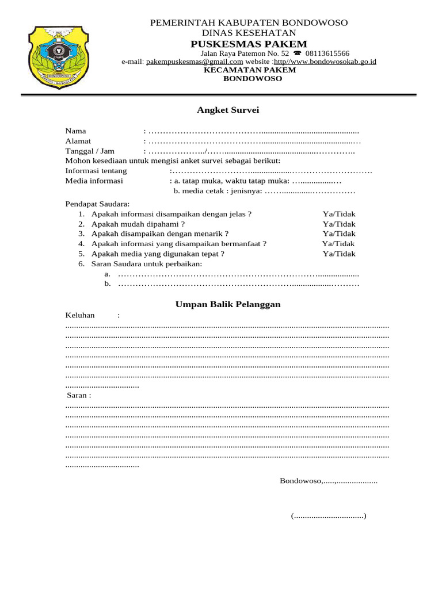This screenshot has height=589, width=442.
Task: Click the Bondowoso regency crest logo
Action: click(55, 56)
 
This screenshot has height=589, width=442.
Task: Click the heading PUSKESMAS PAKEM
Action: click(249, 44)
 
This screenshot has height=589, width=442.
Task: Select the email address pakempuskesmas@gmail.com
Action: click(195, 61)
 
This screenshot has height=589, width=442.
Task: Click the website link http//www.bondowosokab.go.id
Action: click(325, 61)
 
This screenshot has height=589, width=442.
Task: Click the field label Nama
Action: click(75, 131)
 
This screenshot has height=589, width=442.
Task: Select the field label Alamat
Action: click(78, 141)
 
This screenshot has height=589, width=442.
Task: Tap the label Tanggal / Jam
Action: click(90, 151)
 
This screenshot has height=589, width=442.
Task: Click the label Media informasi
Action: click(94, 181)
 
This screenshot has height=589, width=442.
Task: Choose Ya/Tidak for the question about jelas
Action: click(339, 214)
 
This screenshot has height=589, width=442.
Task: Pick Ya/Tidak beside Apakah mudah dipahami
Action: click(339, 224)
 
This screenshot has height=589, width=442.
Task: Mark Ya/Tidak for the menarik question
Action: click(339, 234)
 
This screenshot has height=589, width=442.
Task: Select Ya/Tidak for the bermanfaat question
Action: click(338, 243)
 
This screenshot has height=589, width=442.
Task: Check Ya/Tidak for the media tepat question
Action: click(339, 253)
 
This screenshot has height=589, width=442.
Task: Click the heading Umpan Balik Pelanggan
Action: click(228, 304)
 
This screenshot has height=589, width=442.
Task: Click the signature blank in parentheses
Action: click(329, 516)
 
